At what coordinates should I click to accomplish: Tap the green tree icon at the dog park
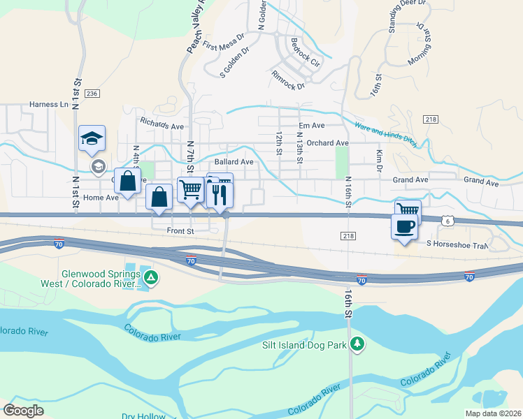click(x=357, y=344)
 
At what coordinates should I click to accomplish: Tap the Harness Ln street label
click(x=50, y=105)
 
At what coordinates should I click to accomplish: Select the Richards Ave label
click(x=162, y=123)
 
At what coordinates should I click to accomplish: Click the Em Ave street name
click(x=311, y=126)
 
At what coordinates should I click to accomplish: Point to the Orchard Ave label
click(x=327, y=143)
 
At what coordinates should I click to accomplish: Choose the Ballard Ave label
click(x=234, y=161)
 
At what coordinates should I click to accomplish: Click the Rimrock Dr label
click(x=288, y=81)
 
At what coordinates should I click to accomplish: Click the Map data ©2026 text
click(x=493, y=413)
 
